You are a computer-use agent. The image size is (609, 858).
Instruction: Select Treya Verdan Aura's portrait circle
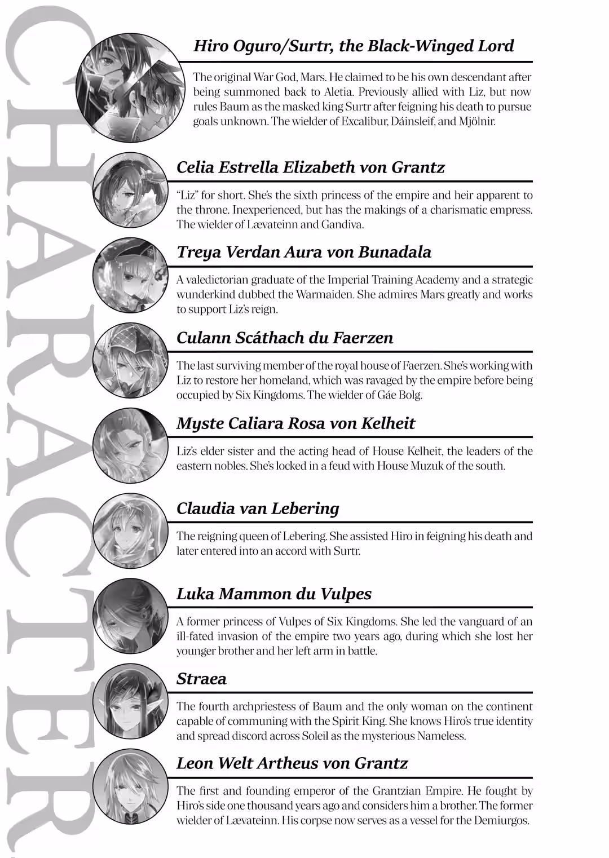coord(130,275)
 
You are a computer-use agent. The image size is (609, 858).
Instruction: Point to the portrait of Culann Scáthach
coord(130,360)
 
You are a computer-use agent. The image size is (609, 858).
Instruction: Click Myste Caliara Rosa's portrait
coord(130,445)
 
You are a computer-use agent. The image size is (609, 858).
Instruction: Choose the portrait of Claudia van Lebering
coord(130,530)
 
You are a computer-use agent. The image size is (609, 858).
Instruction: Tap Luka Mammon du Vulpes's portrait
coord(130,616)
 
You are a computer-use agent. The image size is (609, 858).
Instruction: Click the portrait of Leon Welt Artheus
coord(130,786)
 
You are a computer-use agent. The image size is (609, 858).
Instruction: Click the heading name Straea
coord(201,679)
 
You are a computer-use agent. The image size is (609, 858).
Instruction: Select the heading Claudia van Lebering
coord(258,508)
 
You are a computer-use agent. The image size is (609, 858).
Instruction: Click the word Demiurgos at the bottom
coord(501,820)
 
